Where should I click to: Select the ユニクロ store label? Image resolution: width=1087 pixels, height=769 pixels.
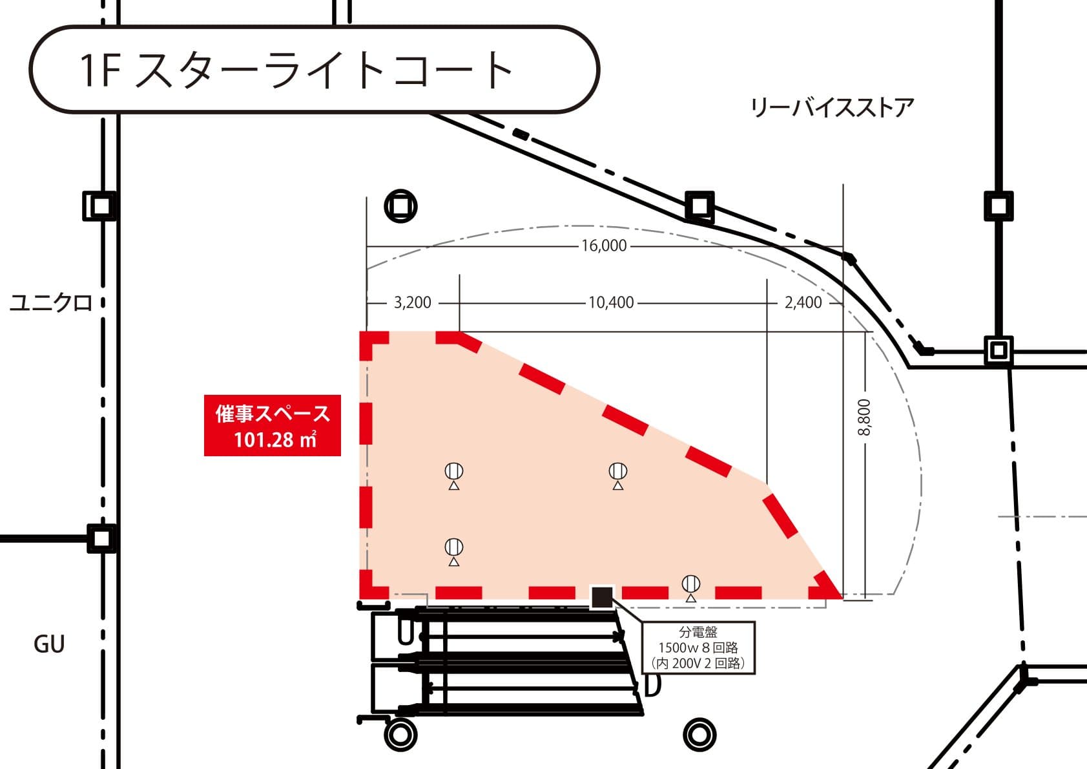tap(51, 302)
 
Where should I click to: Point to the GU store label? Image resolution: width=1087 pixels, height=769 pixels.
tap(49, 644)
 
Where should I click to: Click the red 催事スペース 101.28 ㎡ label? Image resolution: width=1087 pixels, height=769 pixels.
tap(273, 426)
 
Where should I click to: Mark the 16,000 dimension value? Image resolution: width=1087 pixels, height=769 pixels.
tap(604, 246)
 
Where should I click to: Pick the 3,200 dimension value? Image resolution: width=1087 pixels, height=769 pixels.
tap(412, 302)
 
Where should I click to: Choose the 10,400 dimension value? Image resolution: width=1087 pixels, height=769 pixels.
tap(611, 302)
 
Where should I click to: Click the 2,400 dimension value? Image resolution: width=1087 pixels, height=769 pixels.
tap(803, 302)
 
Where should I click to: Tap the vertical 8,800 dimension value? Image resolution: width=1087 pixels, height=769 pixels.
tap(864, 417)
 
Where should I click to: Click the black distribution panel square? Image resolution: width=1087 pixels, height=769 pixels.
tap(602, 596)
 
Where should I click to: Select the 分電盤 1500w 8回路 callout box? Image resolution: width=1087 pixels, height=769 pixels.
tap(698, 648)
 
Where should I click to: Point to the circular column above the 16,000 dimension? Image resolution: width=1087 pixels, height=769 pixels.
tap(400, 207)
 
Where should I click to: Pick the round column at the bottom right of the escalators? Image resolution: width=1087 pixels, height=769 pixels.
tap(699, 735)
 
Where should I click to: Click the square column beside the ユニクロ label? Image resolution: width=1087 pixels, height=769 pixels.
tap(101, 206)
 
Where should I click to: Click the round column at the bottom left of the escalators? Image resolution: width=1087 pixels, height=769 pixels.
tap(400, 735)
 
